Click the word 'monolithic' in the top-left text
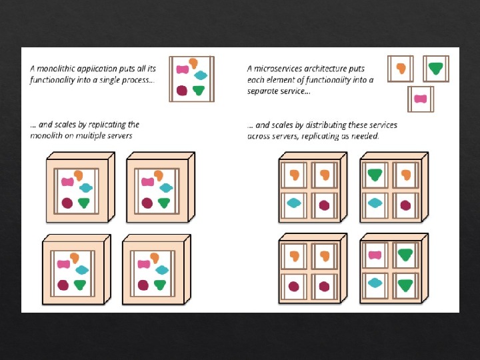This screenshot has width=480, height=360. [x=56, y=68]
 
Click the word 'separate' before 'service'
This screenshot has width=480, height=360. [x=263, y=91]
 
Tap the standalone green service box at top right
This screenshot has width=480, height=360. [x=435, y=68]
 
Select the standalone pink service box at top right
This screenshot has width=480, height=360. [x=420, y=99]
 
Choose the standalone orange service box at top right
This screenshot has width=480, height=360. [x=401, y=68]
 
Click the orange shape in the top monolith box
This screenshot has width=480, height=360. [x=193, y=63]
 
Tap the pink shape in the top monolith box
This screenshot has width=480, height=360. [x=181, y=69]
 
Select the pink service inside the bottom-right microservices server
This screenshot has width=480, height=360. [x=375, y=254]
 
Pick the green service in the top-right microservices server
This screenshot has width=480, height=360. [x=375, y=175]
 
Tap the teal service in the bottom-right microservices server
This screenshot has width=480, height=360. [x=375, y=283]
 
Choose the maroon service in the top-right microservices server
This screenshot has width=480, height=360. [x=405, y=204]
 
